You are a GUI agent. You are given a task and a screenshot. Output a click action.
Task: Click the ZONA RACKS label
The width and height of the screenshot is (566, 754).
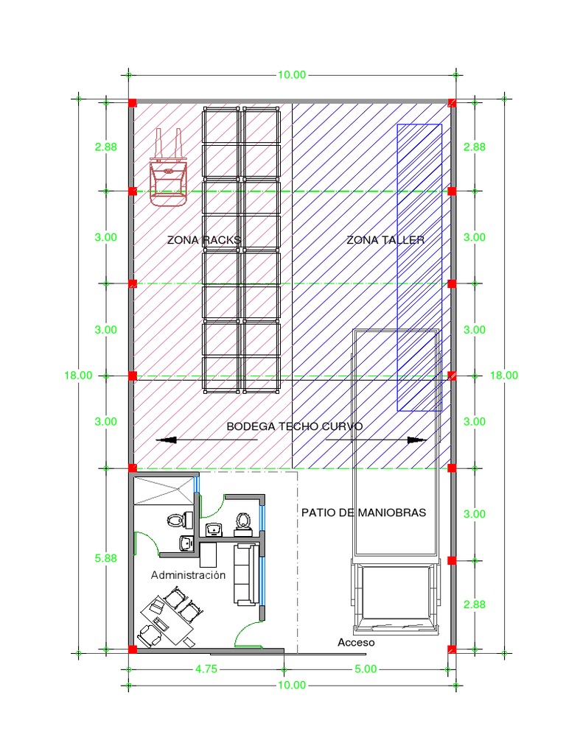tap(204, 240)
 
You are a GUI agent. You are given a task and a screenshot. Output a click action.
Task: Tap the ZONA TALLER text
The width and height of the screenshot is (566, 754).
tap(385, 240)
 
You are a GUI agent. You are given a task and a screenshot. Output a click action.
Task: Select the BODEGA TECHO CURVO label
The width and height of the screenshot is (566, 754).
tap(294, 426)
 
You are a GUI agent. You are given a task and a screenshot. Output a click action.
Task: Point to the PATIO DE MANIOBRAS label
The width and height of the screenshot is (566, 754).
tap(363, 512)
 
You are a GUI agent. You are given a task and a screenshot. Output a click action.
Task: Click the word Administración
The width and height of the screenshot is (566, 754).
tap(188, 575)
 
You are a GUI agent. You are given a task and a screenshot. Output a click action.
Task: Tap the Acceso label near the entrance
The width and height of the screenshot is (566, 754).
tap(356, 643)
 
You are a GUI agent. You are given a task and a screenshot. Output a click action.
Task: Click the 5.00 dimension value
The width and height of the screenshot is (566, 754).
tap(366, 669)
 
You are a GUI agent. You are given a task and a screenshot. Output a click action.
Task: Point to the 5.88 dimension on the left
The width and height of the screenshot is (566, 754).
tap(105, 558)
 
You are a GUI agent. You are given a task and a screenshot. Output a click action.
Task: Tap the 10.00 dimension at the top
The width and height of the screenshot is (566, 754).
tap(291, 75)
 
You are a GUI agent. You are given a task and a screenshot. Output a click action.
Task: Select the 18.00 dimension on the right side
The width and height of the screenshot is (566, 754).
tap(504, 376)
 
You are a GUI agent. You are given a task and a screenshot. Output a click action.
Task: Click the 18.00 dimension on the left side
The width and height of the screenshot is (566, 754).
tap(78, 376)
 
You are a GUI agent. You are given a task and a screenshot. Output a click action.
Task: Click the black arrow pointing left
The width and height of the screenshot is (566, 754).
tap(167, 440)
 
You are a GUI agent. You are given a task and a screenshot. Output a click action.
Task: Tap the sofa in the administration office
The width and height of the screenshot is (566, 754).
tap(245, 574)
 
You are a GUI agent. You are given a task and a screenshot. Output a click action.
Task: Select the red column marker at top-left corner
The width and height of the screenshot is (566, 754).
tap(133, 103)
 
